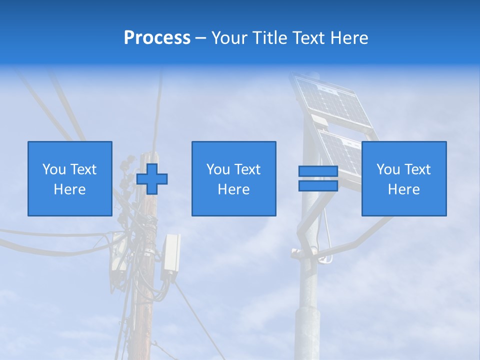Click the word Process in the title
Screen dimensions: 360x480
(157, 38)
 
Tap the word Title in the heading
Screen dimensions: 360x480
(268, 38)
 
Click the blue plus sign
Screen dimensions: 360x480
(152, 179)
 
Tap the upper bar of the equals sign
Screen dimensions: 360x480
(318, 171)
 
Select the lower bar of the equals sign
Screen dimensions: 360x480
(318, 185)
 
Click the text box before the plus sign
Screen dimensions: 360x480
(70, 178)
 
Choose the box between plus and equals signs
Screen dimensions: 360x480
(233, 178)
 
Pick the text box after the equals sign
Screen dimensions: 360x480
(403, 178)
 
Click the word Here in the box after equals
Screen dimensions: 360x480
(403, 189)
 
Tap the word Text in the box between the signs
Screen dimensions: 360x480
(247, 169)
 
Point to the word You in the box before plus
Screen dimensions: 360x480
(54, 169)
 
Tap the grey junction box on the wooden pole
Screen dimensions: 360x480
(170, 252)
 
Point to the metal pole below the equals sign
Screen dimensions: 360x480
(308, 300)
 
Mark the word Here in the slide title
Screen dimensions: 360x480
(349, 38)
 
